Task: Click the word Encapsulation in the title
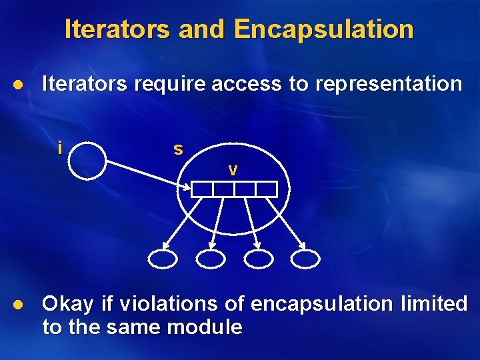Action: [324, 29]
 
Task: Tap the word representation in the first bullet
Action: [387, 84]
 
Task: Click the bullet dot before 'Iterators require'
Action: [19, 85]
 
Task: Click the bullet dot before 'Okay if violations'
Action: [19, 305]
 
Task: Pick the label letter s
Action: [178, 149]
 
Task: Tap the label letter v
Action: [232, 171]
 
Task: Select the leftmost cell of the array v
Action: [202, 189]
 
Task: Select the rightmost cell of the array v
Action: [266, 189]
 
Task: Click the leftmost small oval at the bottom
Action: [163, 259]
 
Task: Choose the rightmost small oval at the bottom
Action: [306, 259]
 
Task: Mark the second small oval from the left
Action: [211, 259]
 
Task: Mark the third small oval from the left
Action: [259, 259]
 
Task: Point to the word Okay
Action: [68, 305]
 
